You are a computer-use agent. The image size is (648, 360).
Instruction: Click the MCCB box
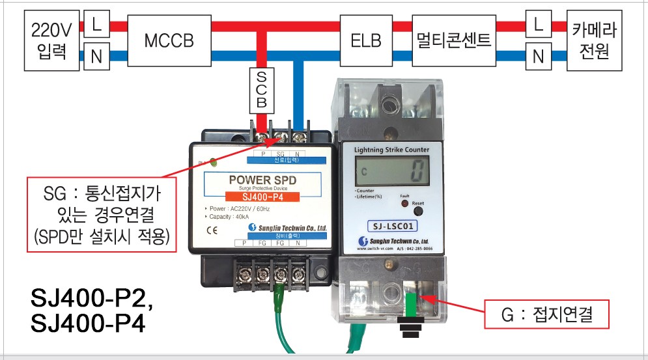(169, 40)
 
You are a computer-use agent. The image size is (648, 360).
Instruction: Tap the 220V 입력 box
(51, 40)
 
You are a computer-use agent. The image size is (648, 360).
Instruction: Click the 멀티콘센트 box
(453, 40)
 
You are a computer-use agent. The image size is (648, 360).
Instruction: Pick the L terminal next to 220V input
(96, 25)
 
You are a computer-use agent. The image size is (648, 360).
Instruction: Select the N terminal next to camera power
(538, 56)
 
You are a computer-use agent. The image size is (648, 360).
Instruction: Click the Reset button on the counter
(417, 211)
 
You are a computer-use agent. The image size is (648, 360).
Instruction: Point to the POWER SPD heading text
(264, 180)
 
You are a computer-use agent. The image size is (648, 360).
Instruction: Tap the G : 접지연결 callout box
(546, 316)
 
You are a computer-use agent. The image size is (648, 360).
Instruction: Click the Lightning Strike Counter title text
(391, 150)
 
